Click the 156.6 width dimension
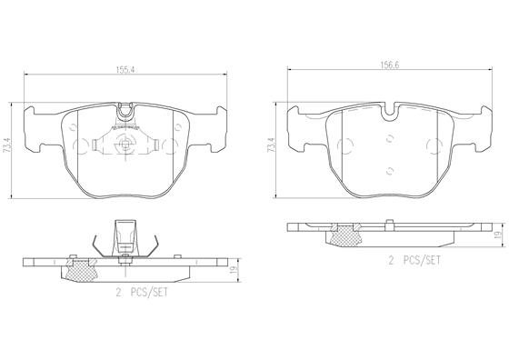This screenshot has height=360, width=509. (x=390, y=65)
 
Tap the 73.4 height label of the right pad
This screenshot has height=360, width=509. (x=271, y=145)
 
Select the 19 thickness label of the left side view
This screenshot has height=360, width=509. (x=233, y=270)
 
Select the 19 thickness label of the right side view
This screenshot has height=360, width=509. (x=497, y=235)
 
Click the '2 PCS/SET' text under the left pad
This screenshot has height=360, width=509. (x=142, y=293)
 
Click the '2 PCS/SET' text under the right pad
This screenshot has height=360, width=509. (x=414, y=260)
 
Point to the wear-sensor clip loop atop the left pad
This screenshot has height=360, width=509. (x=125, y=111)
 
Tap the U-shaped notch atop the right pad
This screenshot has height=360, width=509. (x=390, y=113)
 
